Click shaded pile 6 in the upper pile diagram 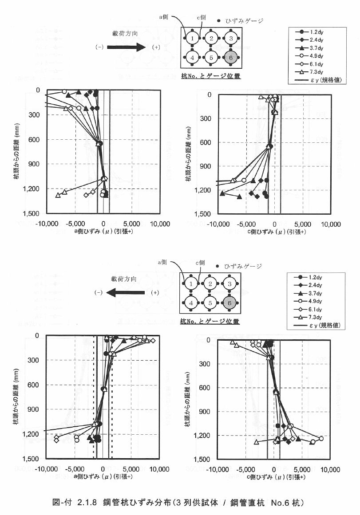point(231,58)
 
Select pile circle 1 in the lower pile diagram point(191,283)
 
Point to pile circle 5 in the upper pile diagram point(211,58)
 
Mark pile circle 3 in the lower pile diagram point(231,283)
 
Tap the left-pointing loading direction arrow point(126,293)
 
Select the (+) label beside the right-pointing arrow point(156,47)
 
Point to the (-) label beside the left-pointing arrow point(99,293)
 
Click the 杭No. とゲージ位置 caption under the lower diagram point(211,321)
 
